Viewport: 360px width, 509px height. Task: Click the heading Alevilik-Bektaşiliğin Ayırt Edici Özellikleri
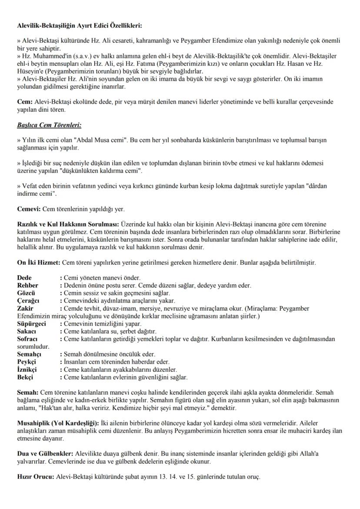79,26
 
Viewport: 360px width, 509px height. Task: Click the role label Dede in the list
24,277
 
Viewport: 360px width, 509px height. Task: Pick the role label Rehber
27,285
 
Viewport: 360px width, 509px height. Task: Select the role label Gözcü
26,293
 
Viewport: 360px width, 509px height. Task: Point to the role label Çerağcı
28,301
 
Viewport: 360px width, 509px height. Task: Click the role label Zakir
25,308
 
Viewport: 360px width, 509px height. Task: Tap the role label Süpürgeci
31,324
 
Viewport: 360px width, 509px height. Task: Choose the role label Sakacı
27,331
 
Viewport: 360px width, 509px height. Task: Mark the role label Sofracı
27,339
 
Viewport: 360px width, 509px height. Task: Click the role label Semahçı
29,354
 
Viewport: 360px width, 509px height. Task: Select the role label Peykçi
27,362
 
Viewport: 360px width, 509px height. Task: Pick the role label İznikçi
27,369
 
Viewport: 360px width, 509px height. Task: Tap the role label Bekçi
25,377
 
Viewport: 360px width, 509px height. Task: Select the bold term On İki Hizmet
38,263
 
